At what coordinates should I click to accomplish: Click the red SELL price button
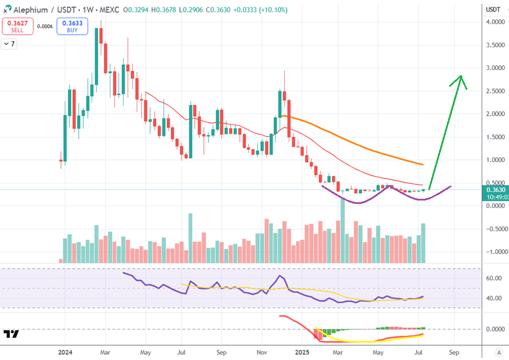[17, 26]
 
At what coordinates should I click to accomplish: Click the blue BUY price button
[72, 26]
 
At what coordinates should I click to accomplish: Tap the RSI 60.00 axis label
[493, 278]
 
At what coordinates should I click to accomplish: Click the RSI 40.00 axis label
[493, 298]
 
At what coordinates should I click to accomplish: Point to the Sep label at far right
[453, 352]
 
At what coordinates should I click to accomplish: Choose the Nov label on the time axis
[261, 352]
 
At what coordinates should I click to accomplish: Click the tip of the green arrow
[461, 76]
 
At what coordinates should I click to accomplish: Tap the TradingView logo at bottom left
[11, 334]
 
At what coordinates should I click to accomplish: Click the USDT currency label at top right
[493, 10]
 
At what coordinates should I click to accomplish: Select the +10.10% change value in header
[272, 10]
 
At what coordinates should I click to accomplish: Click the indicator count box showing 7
[9, 44]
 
